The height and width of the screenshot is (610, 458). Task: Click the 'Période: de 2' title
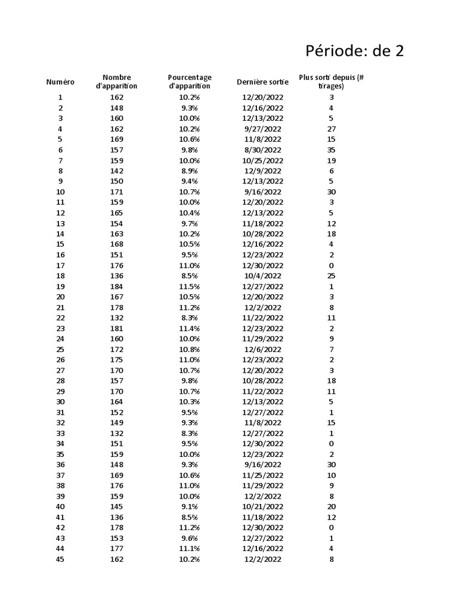tap(354, 51)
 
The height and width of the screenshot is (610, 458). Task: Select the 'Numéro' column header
tap(60, 82)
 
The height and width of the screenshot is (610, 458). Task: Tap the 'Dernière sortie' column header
tap(262, 82)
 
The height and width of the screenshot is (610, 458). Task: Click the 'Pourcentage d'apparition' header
tap(190, 82)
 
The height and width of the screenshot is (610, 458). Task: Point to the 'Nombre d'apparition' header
tap(116, 82)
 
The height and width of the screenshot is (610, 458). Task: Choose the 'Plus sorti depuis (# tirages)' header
tap(331, 82)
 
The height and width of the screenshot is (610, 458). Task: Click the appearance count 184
tap(116, 287)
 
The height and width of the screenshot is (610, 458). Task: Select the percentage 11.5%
tap(190, 287)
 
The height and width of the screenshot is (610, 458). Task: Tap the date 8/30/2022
tap(262, 150)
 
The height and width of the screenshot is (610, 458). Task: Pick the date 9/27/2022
tap(262, 129)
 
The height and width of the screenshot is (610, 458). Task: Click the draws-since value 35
tap(331, 150)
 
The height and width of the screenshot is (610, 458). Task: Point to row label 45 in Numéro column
tap(60, 559)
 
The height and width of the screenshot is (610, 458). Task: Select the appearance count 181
tap(116, 328)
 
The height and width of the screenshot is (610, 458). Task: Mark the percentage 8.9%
tap(190, 171)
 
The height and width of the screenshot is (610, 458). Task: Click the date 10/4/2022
tap(262, 276)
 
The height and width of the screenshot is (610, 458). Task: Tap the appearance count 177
tap(116, 549)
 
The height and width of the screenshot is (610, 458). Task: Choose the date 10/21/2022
tap(262, 507)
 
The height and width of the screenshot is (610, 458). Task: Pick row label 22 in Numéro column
tap(60, 318)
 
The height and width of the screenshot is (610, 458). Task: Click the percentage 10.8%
tap(190, 350)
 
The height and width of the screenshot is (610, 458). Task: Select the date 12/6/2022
tap(262, 350)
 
